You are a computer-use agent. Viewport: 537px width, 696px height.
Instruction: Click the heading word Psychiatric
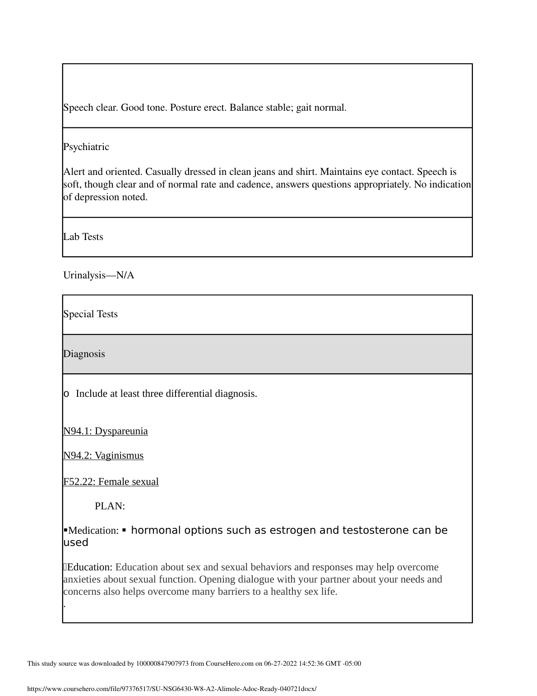[x=86, y=147]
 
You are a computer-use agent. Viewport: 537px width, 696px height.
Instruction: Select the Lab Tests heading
[x=83, y=237]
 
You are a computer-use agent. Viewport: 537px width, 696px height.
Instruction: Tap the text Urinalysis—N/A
[x=99, y=275]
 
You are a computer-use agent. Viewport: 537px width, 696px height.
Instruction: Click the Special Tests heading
[x=90, y=314]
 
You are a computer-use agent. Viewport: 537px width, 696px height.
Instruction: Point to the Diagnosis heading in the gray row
[x=84, y=354]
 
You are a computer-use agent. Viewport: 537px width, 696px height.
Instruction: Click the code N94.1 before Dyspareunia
[x=77, y=431]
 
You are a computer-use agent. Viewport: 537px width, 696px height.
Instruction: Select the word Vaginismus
[x=119, y=456]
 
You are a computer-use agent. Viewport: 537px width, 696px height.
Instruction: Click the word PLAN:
[x=110, y=506]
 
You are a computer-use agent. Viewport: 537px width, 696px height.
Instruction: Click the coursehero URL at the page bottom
[x=172, y=689]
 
